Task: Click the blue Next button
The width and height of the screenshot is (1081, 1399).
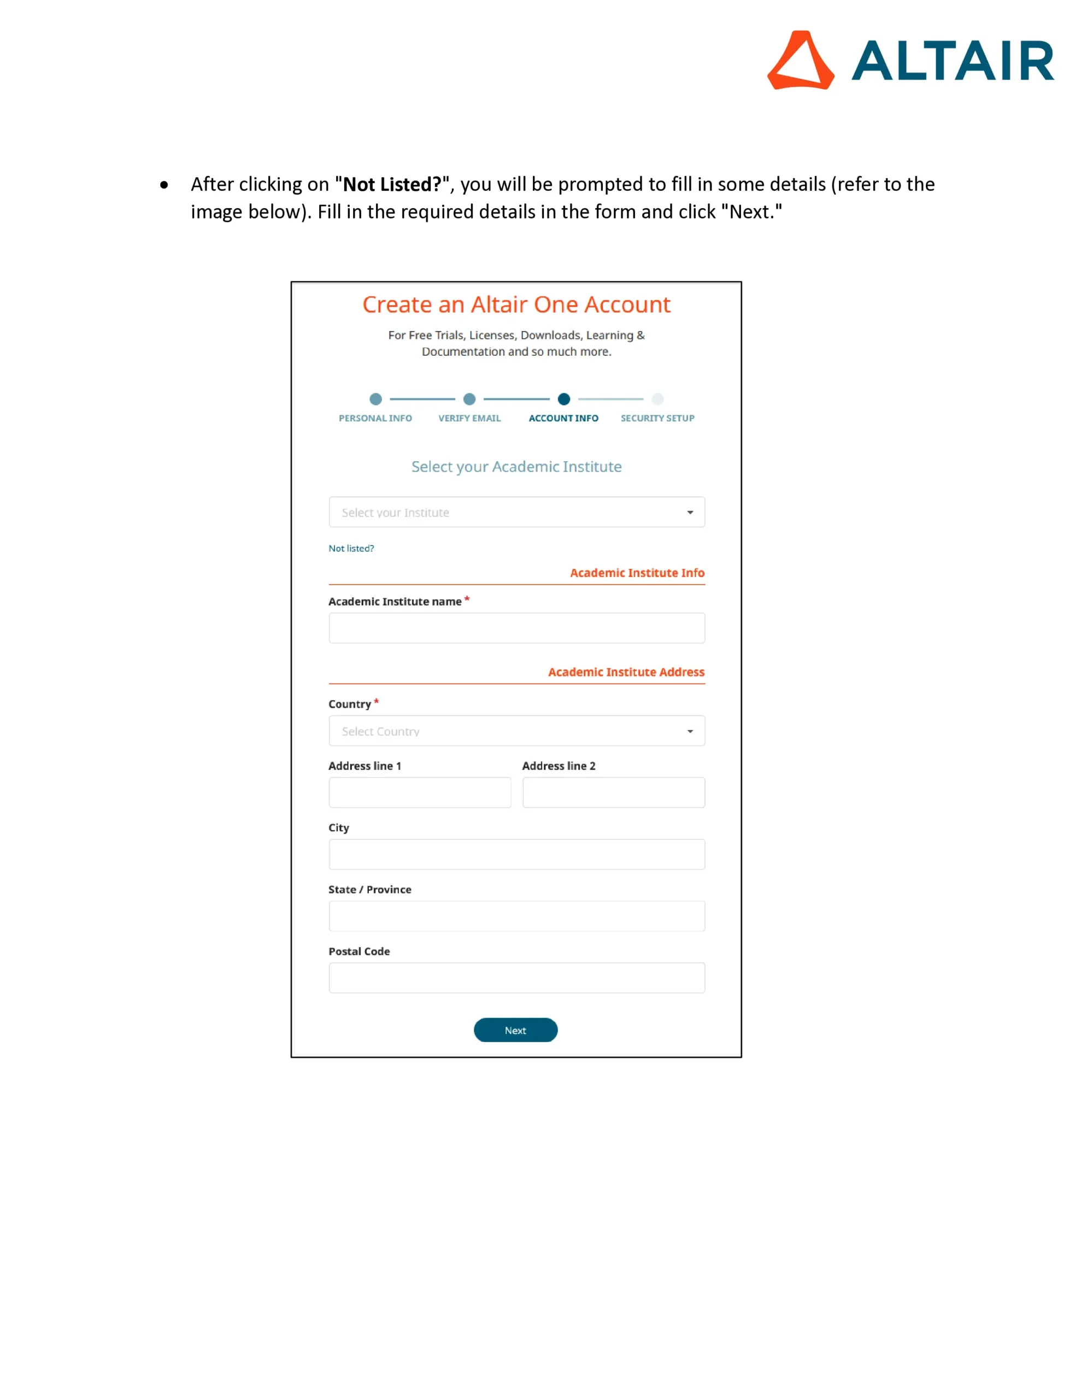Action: [515, 1030]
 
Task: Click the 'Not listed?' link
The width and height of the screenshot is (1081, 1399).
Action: [351, 548]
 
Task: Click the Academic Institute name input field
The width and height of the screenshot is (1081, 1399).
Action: [516, 628]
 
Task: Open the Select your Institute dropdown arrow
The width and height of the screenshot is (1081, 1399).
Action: [690, 513]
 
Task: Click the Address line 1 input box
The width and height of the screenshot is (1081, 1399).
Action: [420, 792]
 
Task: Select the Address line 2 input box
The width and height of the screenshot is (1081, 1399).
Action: [613, 792]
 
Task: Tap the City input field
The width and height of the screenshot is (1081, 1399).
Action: [516, 855]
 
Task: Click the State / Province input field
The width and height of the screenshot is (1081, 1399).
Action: [516, 916]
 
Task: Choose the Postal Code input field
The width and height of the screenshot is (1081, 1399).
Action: [516, 978]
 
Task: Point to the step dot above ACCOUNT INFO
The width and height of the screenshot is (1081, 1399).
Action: [564, 399]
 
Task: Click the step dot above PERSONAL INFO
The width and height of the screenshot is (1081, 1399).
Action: [376, 399]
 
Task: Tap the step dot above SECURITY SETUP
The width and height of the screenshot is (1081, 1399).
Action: [657, 399]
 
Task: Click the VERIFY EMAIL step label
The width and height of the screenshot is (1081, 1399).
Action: [469, 418]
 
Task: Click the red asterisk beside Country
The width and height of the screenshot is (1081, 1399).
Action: [377, 702]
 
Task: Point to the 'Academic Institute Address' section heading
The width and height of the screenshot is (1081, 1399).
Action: [626, 672]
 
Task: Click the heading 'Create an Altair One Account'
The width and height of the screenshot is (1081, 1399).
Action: [516, 305]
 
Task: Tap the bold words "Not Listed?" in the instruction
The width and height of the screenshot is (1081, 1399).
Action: [392, 185]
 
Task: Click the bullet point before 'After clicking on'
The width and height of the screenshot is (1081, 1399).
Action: [164, 185]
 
